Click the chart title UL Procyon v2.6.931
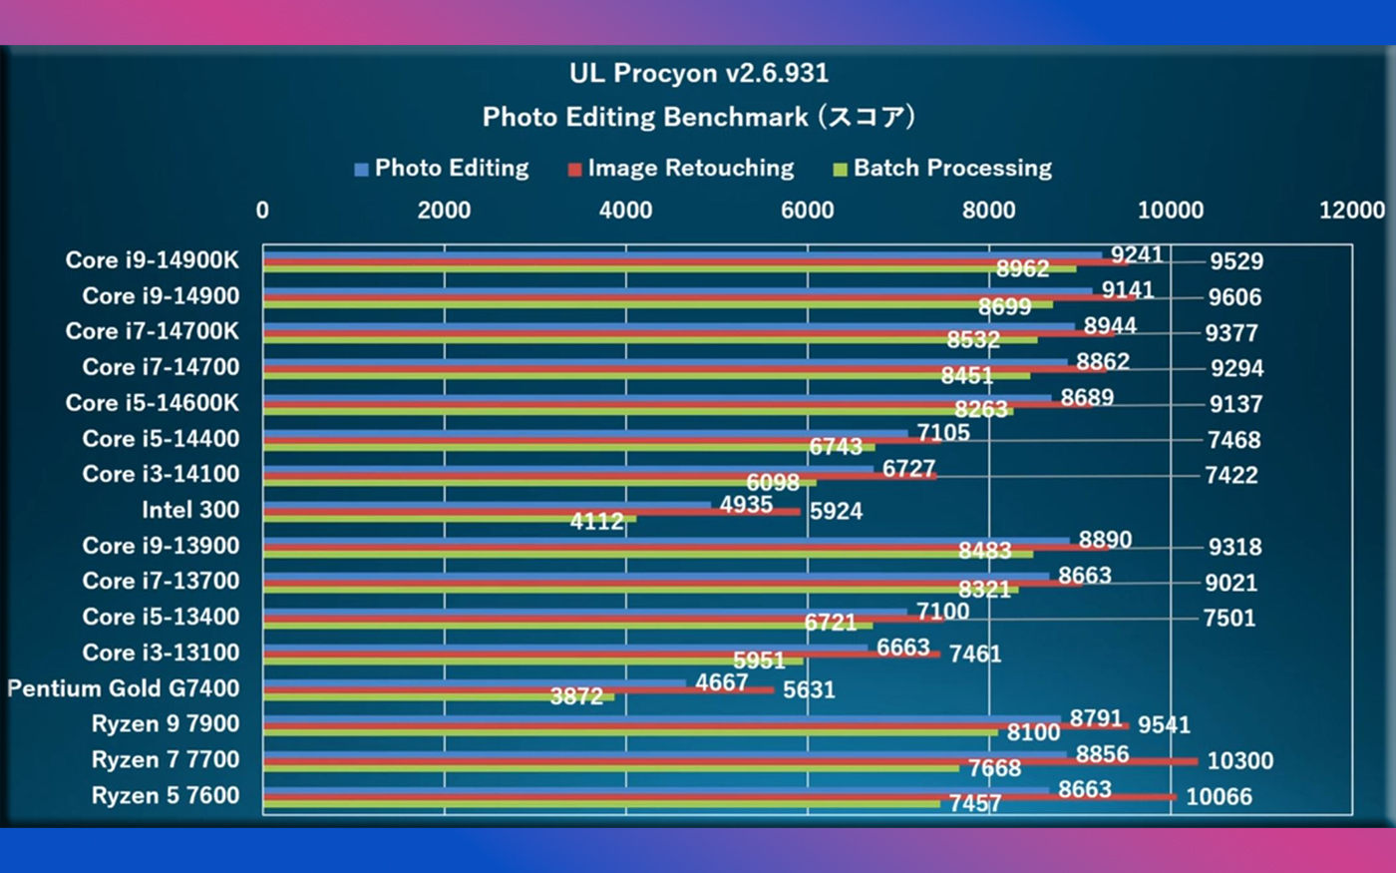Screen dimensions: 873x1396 coord(698,73)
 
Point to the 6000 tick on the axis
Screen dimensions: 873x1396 coord(807,210)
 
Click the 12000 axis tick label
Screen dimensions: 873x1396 coord(1351,210)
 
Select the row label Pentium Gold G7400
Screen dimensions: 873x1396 coord(124,688)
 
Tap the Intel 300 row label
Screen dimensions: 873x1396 coord(190,510)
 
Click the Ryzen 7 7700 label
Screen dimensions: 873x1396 coord(166,760)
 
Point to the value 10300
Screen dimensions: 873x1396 coord(1239,761)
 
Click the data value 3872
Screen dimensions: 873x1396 coord(576,696)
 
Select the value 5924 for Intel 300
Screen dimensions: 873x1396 coord(836,512)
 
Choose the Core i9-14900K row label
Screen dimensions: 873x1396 coord(153,260)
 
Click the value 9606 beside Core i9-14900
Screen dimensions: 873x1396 coord(1234,297)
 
